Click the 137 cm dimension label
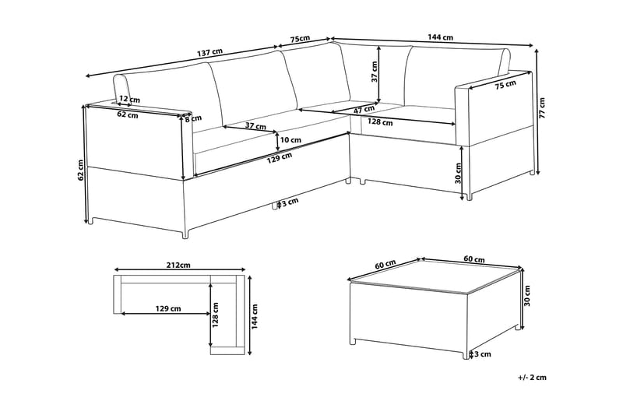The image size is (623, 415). click(x=209, y=53)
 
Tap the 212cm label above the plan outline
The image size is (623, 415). click(x=178, y=265)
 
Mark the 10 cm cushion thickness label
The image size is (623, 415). click(x=290, y=139)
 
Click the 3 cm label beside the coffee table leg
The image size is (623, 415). click(x=482, y=355)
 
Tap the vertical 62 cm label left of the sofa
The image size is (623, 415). click(x=81, y=169)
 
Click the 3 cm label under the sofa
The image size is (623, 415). click(x=287, y=202)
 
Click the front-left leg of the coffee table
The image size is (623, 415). click(x=355, y=342)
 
